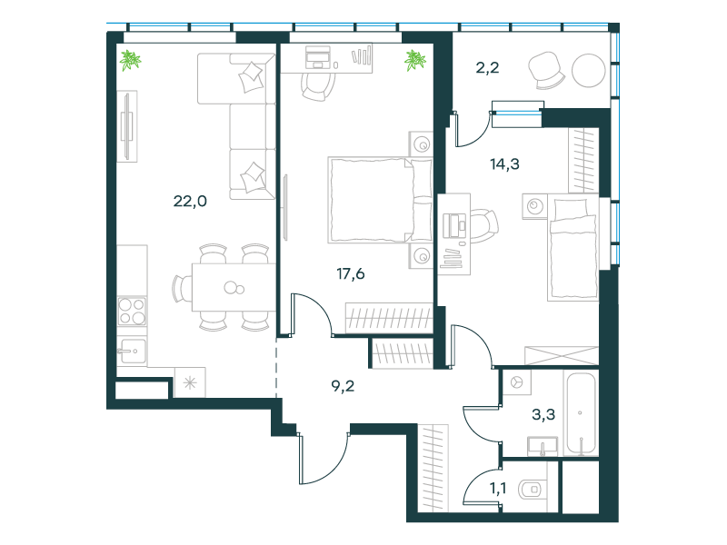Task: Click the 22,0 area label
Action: [190, 201]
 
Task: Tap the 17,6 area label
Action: [351, 274]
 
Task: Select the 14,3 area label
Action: [505, 164]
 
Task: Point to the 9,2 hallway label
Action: [344, 385]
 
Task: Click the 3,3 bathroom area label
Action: [543, 414]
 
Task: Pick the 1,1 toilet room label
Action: [498, 488]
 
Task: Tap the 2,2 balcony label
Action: [487, 68]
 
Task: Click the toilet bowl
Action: [532, 489]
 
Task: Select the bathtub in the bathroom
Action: [580, 413]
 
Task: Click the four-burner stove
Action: [132, 311]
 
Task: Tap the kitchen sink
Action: [132, 351]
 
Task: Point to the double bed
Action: [380, 200]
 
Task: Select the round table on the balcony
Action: [588, 71]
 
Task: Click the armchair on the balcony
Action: [547, 70]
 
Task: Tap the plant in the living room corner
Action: [130, 60]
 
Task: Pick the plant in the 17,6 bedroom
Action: [414, 60]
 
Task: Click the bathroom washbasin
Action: [543, 446]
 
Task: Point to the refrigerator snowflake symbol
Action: [190, 382]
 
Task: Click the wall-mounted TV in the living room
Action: [127, 125]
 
